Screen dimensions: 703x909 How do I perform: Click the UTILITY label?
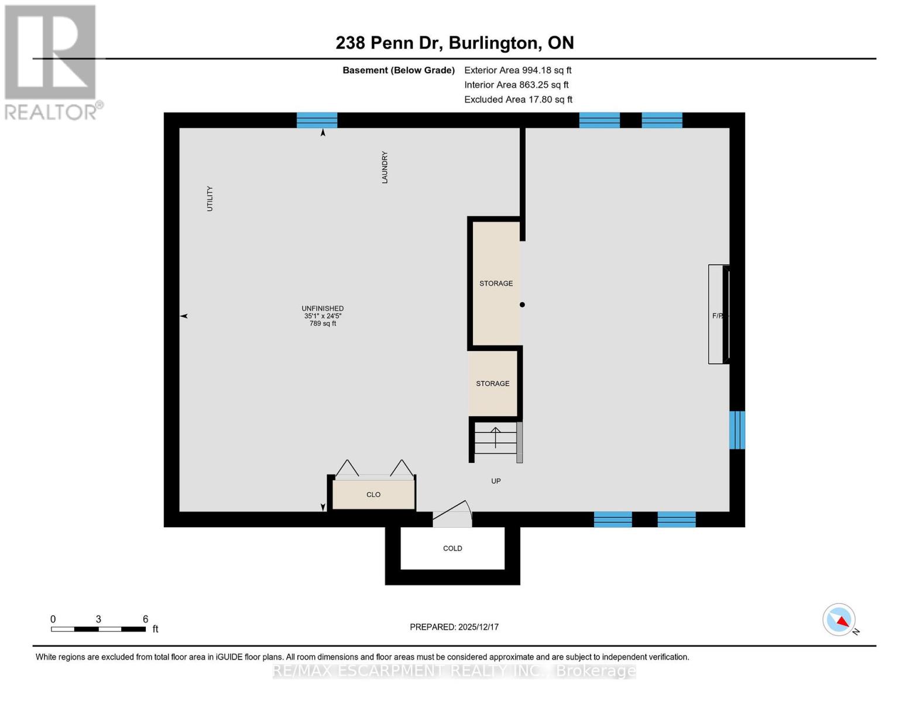tap(210, 199)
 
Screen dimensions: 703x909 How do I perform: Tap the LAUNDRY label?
tap(385, 168)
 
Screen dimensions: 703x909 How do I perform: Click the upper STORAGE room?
tap(496, 284)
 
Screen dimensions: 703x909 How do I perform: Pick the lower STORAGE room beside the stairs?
tap(492, 384)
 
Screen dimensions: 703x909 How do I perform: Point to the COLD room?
tap(452, 548)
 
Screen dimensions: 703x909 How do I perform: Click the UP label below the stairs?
tap(496, 481)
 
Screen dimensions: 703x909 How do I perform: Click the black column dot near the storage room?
tap(522, 305)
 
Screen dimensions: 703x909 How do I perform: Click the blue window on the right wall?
tap(737, 430)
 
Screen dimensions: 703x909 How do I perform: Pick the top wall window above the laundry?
tap(317, 120)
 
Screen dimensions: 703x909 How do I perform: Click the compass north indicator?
tap(839, 620)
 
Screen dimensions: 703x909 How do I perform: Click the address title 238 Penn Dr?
tap(454, 43)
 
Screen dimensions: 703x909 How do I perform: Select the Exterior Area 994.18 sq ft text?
tap(517, 70)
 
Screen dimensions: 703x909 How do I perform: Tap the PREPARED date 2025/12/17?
tap(454, 627)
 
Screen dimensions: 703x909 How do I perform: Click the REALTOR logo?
tap(51, 62)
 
